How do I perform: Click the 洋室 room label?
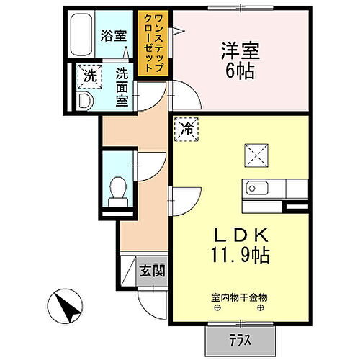pyautogui.click(x=239, y=52)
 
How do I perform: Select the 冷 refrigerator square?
pyautogui.click(x=186, y=130)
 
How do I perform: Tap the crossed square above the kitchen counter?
pyautogui.click(x=256, y=153)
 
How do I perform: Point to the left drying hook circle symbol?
pyautogui.click(x=217, y=308)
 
